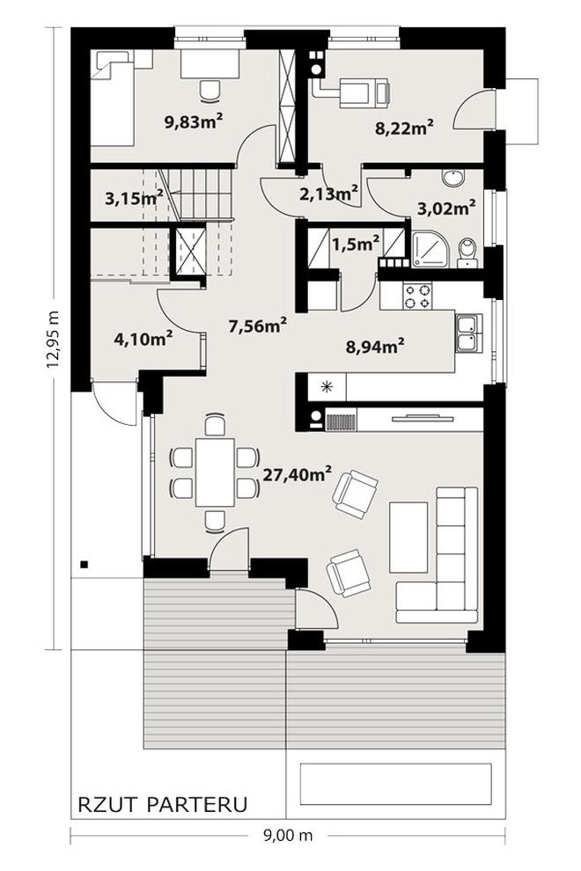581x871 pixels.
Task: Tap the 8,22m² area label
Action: click(404, 128)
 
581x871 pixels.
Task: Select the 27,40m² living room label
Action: click(297, 475)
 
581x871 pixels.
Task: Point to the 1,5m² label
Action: click(356, 243)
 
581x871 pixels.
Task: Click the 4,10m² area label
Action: click(143, 339)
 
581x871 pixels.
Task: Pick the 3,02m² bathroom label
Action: click(446, 209)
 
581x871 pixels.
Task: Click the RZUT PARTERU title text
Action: click(163, 804)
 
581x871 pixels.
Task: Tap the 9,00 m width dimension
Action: click(288, 835)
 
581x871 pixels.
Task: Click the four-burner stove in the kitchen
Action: click(417, 296)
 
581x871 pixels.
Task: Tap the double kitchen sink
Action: click(469, 333)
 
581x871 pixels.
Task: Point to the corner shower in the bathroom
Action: click(431, 250)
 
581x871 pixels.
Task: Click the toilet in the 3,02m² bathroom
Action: click(467, 252)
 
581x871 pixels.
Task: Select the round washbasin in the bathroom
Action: click(452, 179)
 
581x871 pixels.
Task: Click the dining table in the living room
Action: click(215, 472)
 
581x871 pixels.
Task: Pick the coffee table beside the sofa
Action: click(408, 538)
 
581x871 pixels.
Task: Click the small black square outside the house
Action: click(84, 565)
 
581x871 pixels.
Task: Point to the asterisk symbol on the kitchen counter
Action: click(327, 386)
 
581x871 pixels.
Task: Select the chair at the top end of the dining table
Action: click(215, 424)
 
